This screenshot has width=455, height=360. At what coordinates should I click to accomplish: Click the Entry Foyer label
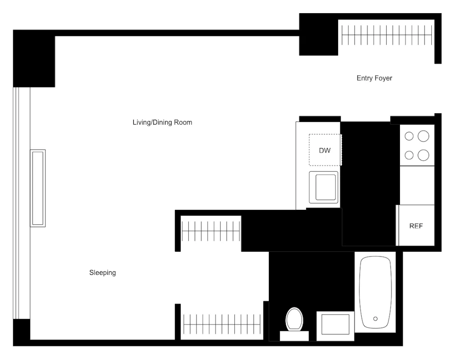tap(374, 78)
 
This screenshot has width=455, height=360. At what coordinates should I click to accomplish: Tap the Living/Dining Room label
tap(162, 122)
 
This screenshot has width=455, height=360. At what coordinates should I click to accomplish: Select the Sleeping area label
tap(102, 273)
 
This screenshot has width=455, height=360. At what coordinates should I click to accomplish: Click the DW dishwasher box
tap(325, 150)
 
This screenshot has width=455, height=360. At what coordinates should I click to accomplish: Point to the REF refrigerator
tap(416, 226)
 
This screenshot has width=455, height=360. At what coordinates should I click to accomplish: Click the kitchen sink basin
tap(324, 187)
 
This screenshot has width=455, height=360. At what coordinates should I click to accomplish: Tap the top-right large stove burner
tap(423, 136)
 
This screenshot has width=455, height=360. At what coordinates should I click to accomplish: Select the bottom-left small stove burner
tap(409, 155)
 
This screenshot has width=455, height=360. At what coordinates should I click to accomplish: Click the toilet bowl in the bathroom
tap(294, 318)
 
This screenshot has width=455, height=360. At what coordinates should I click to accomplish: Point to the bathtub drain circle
tap(375, 319)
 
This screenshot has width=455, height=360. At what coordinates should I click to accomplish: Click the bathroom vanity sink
tap(335, 325)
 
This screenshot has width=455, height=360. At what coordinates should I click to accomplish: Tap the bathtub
tap(375, 291)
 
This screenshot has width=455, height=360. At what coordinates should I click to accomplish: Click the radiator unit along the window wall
tap(38, 188)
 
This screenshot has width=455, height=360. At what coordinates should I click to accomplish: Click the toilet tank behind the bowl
tap(294, 336)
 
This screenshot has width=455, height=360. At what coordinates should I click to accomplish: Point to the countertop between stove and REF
tap(417, 185)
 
